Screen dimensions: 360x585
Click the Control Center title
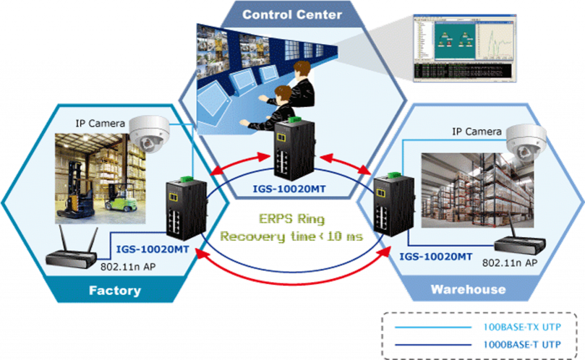(x=292, y=14)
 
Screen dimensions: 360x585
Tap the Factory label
(x=115, y=290)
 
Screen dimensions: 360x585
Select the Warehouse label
(x=468, y=289)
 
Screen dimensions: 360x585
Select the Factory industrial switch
(x=182, y=209)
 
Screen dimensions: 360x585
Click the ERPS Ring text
(x=291, y=218)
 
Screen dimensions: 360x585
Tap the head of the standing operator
(x=302, y=71)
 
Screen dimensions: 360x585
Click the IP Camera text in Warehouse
(x=476, y=132)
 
